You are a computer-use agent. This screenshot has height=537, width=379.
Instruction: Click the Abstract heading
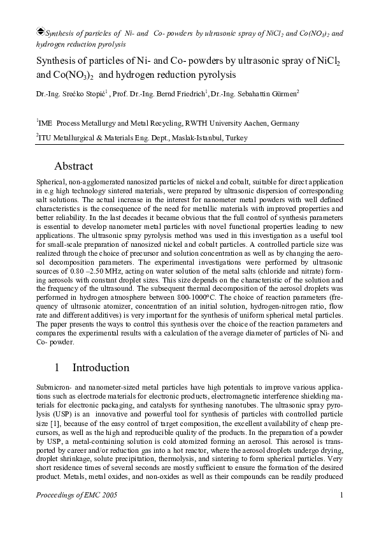tap(74, 166)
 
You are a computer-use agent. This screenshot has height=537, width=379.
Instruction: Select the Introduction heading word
tap(101, 367)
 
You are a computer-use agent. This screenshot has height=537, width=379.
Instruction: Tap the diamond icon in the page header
tap(41, 30)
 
